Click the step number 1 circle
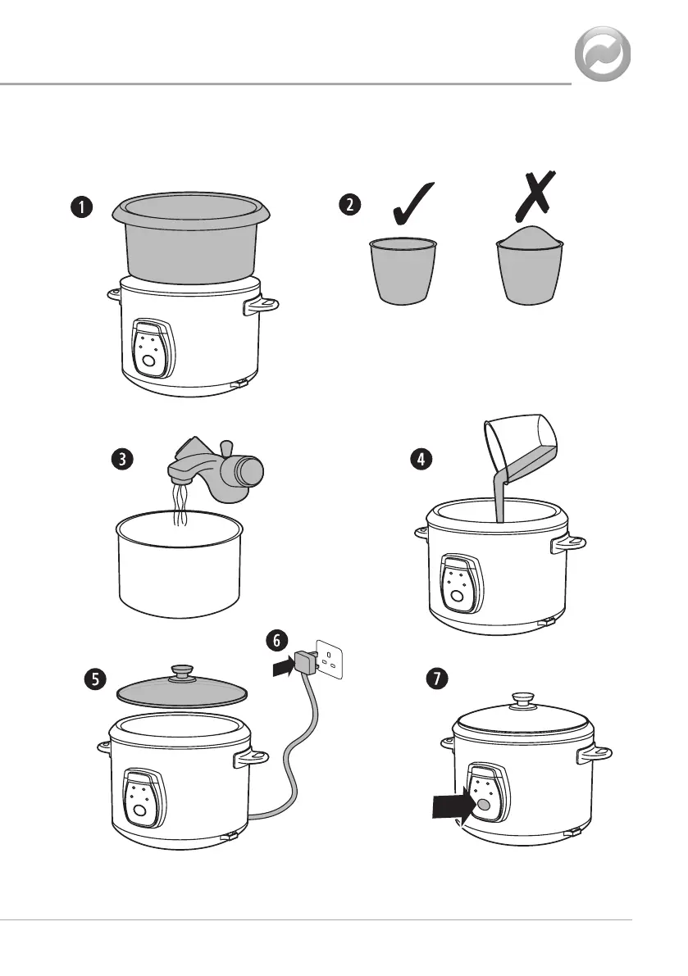[x=81, y=207]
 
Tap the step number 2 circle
[x=350, y=204]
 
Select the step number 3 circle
[x=123, y=460]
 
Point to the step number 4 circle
[x=421, y=460]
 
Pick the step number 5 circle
[x=95, y=679]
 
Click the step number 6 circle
[x=277, y=641]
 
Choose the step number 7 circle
[x=437, y=678]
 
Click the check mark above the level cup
[x=413, y=203]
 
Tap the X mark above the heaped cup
[x=535, y=196]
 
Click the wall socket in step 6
[x=330, y=660]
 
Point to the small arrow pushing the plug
[x=283, y=667]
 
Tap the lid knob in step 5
[x=182, y=671]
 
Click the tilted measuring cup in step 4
[x=522, y=448]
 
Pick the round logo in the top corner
[x=602, y=54]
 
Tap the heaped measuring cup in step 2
[x=530, y=265]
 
